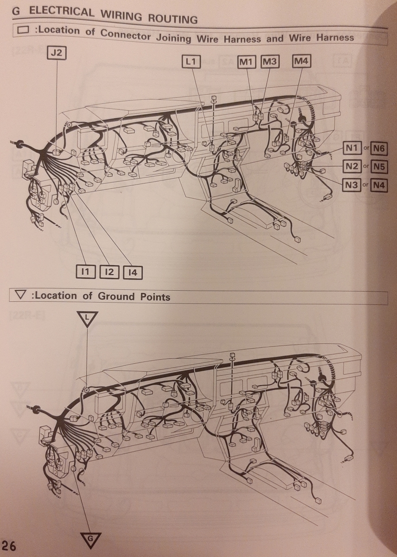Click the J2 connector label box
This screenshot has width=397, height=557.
tap(57, 54)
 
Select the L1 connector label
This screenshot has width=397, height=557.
tap(191, 61)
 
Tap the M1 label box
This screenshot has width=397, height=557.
tap(246, 61)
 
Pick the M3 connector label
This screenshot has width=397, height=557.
tap(270, 61)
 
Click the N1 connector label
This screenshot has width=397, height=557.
tap(351, 149)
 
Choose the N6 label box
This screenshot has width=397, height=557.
tap(378, 149)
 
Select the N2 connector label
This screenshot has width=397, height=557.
tap(351, 166)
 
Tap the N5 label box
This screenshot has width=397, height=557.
tap(378, 167)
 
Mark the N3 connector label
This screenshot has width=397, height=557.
tap(351, 185)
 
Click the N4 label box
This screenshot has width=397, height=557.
tap(378, 185)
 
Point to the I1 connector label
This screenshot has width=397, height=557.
tap(85, 272)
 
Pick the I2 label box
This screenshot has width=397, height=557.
tap(109, 272)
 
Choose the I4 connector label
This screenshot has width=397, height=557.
tap(133, 273)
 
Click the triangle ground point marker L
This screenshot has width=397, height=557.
tap(87, 319)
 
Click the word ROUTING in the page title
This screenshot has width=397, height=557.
tap(172, 18)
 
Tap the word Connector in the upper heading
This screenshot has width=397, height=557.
tap(126, 35)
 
